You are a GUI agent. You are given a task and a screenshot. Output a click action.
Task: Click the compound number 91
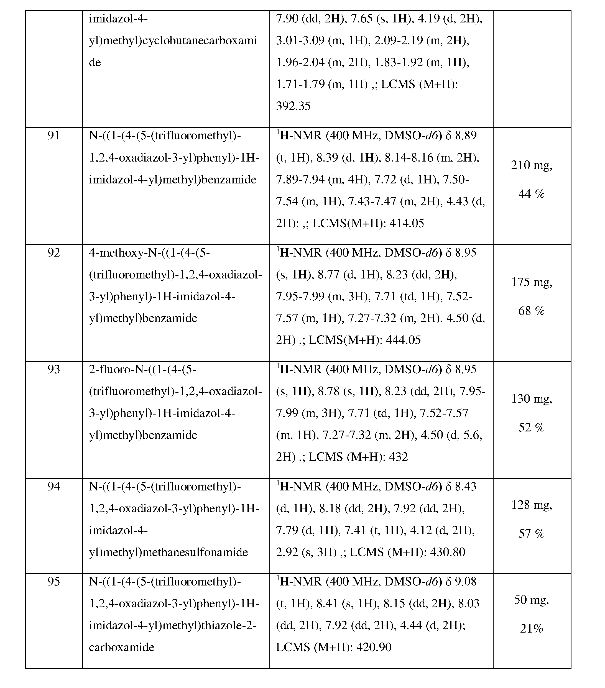click(x=54, y=136)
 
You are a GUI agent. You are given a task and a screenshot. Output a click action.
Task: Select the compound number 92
click(x=54, y=253)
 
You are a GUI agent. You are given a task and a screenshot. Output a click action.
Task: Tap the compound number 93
click(x=54, y=370)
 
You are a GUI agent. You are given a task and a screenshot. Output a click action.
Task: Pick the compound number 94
click(x=54, y=486)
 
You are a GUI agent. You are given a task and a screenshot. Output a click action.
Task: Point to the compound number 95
click(x=54, y=582)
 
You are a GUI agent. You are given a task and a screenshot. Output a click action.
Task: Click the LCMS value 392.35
click(x=293, y=106)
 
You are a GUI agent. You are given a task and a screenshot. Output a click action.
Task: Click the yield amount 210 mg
click(x=531, y=165)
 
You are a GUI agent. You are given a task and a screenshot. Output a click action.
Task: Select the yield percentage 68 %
click(x=531, y=311)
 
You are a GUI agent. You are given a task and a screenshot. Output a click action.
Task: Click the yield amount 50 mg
click(x=531, y=600)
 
